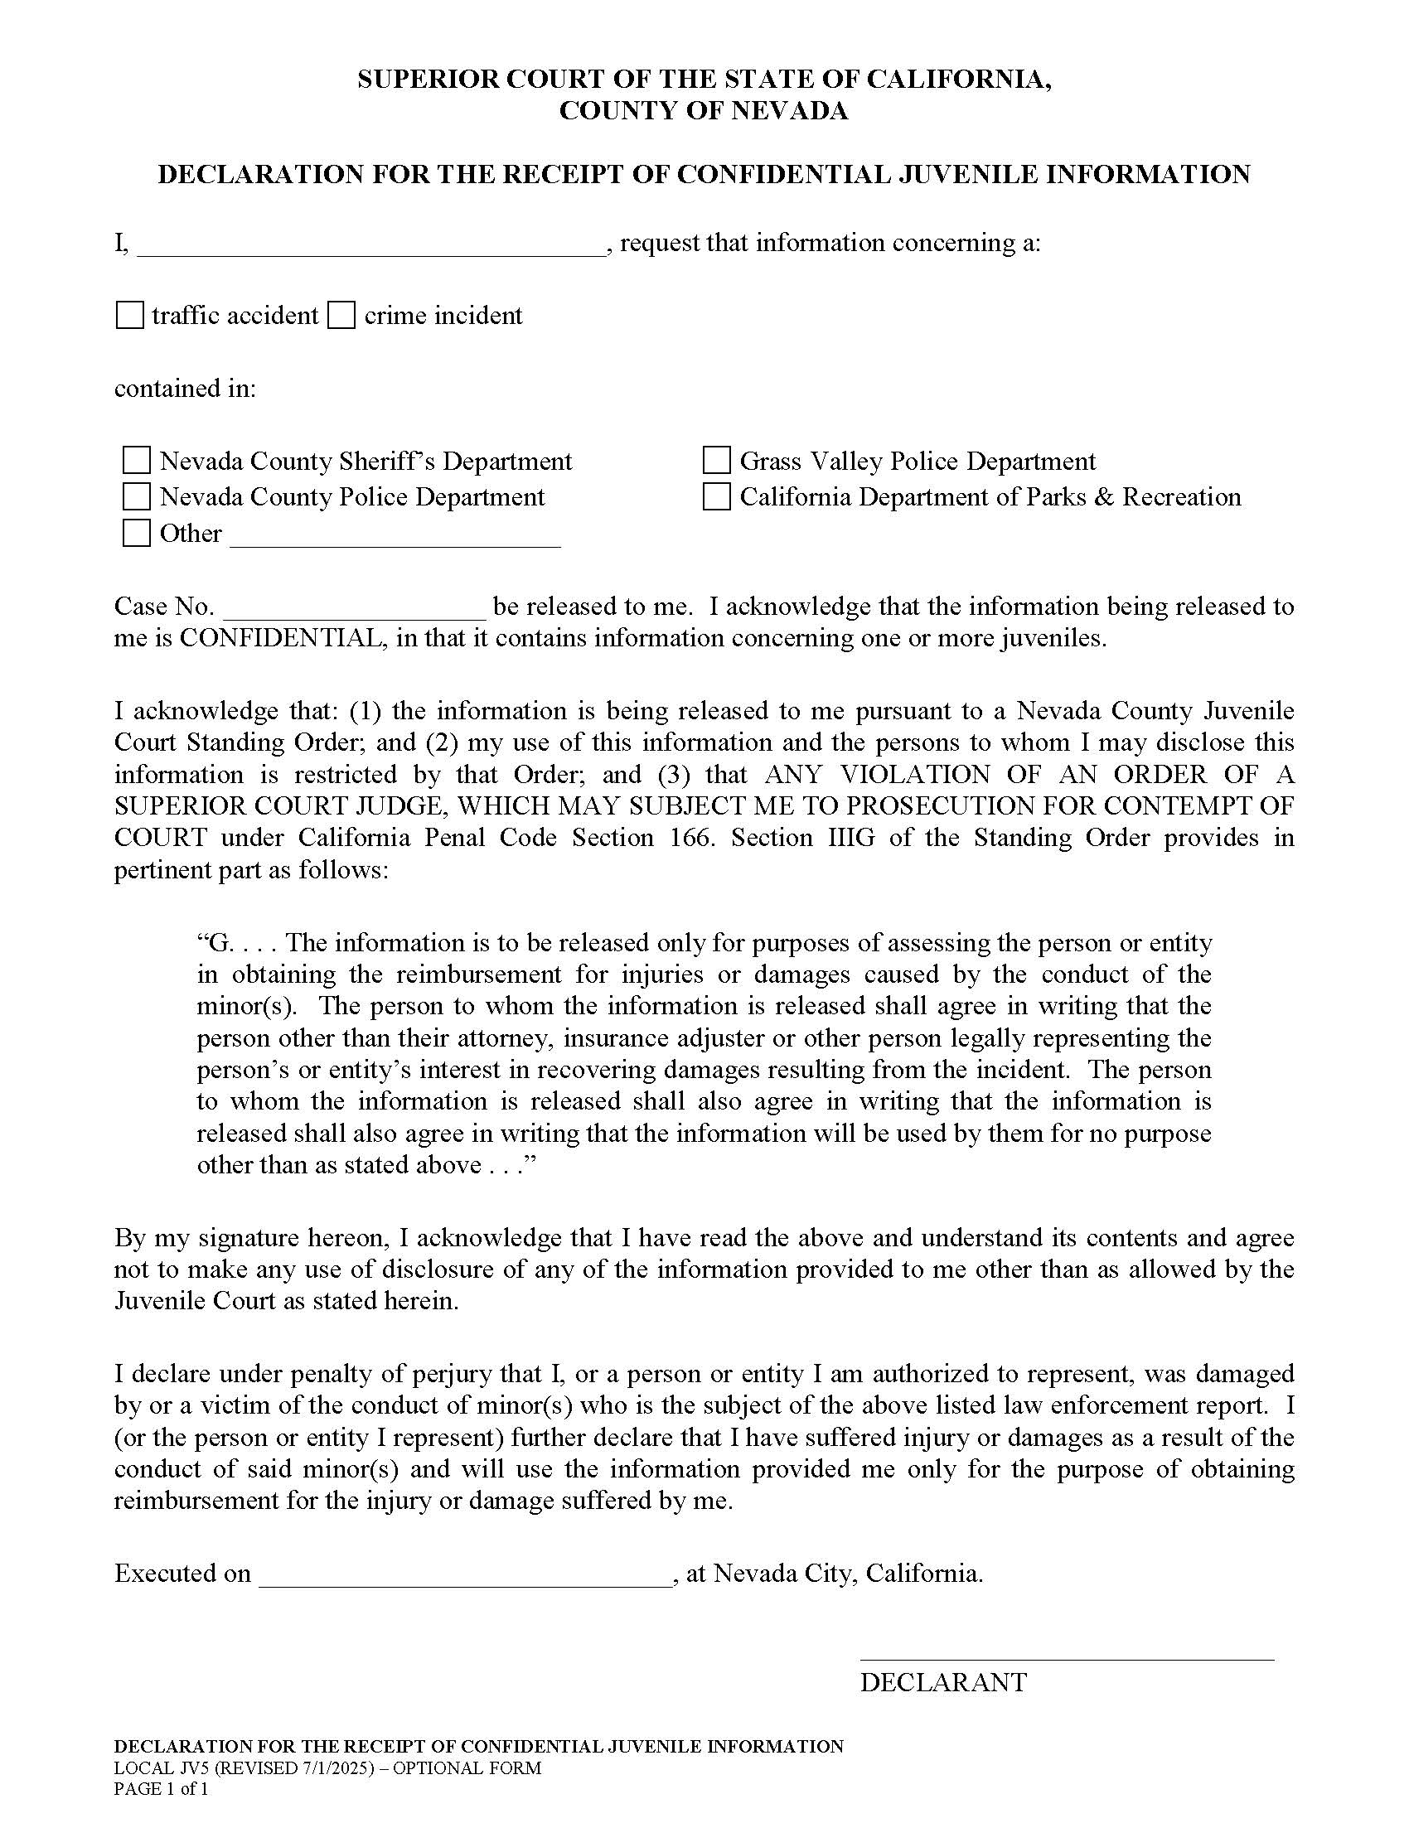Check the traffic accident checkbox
click(x=129, y=316)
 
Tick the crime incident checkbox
click(x=341, y=316)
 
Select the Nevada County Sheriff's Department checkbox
click(x=136, y=461)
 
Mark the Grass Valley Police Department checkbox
click(x=716, y=461)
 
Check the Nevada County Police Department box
click(x=136, y=496)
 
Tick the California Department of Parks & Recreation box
click(x=716, y=496)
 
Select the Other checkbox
click(x=136, y=533)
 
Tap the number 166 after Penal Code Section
click(x=690, y=837)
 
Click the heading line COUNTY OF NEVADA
click(x=704, y=111)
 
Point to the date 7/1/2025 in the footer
click(x=335, y=1768)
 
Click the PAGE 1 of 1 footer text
click(x=161, y=1789)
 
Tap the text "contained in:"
click(x=186, y=389)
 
